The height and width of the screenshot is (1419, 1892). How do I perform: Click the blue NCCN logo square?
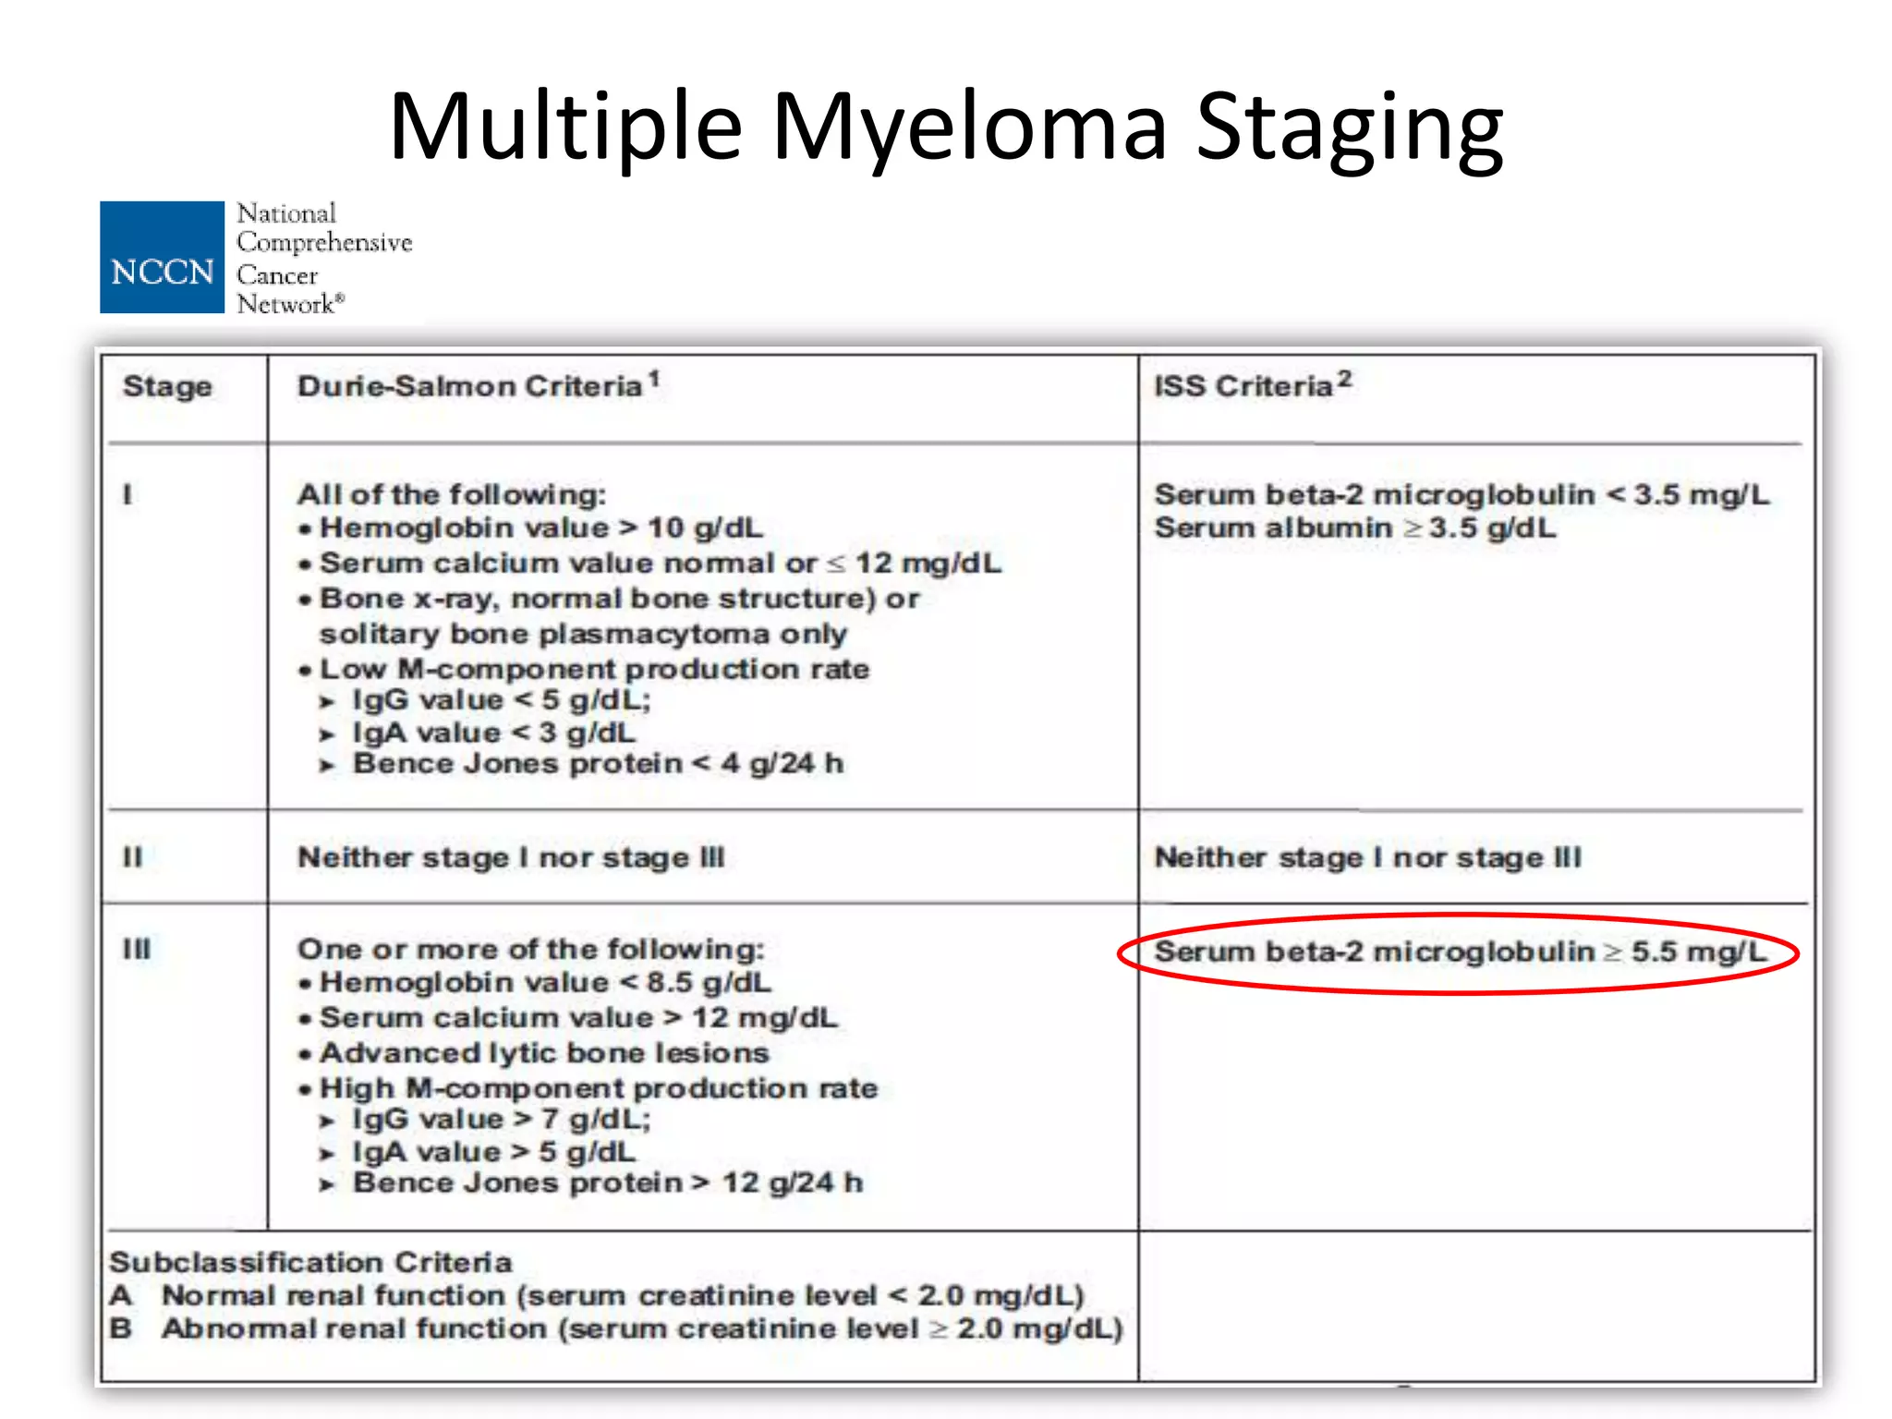click(x=162, y=257)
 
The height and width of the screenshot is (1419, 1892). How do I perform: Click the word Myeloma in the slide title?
click(x=969, y=127)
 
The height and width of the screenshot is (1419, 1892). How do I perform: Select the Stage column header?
click(x=167, y=386)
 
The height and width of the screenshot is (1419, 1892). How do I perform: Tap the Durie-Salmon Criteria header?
click(x=470, y=386)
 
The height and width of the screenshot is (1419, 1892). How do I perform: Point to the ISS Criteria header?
click(x=1243, y=386)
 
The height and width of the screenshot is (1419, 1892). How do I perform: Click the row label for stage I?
click(x=127, y=495)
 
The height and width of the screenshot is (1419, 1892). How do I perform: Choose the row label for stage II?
click(x=133, y=857)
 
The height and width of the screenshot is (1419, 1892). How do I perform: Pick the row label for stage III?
click(x=137, y=950)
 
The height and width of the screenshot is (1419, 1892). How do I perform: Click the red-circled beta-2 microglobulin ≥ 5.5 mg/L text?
click(x=1460, y=952)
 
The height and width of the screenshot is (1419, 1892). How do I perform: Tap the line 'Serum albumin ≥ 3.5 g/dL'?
click(x=1354, y=528)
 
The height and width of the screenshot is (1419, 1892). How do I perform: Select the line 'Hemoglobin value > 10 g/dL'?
click(x=540, y=528)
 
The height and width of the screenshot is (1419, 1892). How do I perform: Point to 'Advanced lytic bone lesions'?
click(x=544, y=1053)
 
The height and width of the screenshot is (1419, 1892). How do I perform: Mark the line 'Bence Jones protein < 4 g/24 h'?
click(x=597, y=764)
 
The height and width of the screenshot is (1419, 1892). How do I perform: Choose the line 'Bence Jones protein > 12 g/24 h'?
click(x=607, y=1183)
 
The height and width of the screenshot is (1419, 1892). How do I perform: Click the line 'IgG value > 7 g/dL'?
click(x=501, y=1120)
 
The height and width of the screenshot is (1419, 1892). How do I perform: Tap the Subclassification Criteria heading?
click(x=310, y=1263)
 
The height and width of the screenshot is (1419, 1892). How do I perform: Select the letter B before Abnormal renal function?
click(x=121, y=1328)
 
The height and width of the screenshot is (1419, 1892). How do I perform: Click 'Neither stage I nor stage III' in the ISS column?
click(x=1367, y=857)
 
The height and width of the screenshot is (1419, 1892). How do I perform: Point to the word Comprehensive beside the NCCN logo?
click(x=324, y=243)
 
